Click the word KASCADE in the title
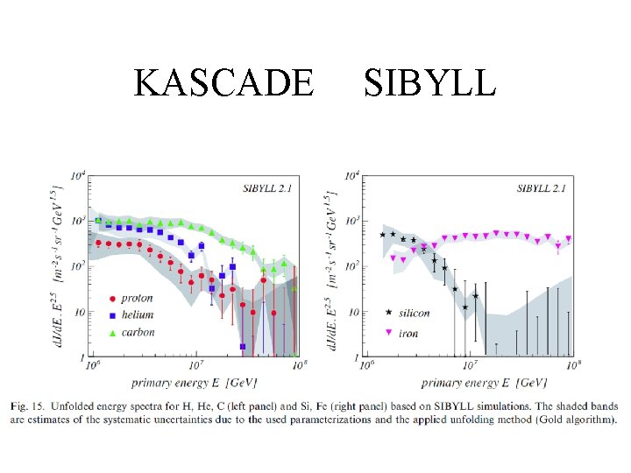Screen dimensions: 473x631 click(x=223, y=82)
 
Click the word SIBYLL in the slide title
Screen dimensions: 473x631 click(x=429, y=82)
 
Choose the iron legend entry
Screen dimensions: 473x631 click(x=405, y=333)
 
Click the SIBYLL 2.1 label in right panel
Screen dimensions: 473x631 click(x=542, y=187)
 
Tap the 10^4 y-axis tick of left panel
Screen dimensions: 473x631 click(x=76, y=175)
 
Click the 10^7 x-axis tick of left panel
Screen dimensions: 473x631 click(x=195, y=366)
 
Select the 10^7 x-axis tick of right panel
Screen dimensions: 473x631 click(x=470, y=366)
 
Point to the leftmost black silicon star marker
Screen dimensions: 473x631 click(x=382, y=235)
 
